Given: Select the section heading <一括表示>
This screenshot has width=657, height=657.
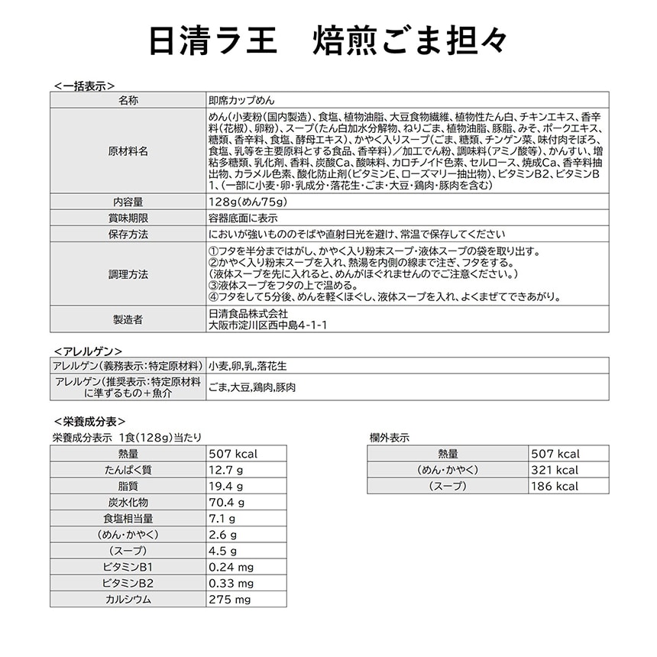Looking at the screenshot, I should (x=85, y=86).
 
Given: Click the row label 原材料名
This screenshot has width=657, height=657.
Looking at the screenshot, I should (x=128, y=150).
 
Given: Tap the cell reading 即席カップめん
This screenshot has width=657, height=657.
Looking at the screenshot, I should (x=241, y=100).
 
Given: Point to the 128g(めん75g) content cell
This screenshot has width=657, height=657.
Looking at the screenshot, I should (x=247, y=202).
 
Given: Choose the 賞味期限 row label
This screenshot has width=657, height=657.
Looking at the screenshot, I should (x=128, y=218).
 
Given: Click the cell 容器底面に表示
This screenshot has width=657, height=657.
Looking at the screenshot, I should (x=242, y=218).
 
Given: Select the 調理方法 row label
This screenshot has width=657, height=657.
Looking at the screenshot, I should (x=128, y=273).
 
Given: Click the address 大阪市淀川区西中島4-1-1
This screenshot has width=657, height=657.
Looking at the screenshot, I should (x=267, y=325).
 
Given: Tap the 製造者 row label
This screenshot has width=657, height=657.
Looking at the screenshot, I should (x=128, y=319).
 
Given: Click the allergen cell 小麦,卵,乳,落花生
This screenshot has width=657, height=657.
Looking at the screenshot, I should (x=248, y=366).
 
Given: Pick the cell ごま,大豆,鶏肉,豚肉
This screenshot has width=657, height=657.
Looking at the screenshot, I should (x=252, y=387).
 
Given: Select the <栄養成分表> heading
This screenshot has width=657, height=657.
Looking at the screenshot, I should (x=90, y=421).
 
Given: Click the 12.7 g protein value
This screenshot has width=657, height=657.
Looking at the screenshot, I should (x=226, y=470).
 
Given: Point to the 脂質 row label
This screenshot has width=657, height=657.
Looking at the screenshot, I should (x=128, y=486).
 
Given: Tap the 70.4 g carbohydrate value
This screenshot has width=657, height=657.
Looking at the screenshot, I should (x=227, y=502).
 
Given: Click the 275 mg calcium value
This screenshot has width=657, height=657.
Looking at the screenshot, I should (x=230, y=599).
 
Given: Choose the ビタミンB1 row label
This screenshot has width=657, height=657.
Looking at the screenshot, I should (x=128, y=567).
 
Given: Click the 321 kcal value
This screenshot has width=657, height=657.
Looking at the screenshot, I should (x=555, y=470).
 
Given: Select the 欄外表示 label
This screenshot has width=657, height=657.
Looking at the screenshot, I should (x=389, y=438).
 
